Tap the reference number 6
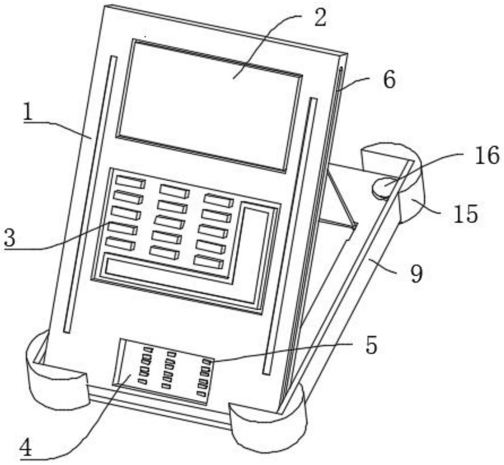[389, 80]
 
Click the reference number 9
[416, 274]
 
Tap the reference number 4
[26, 449]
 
